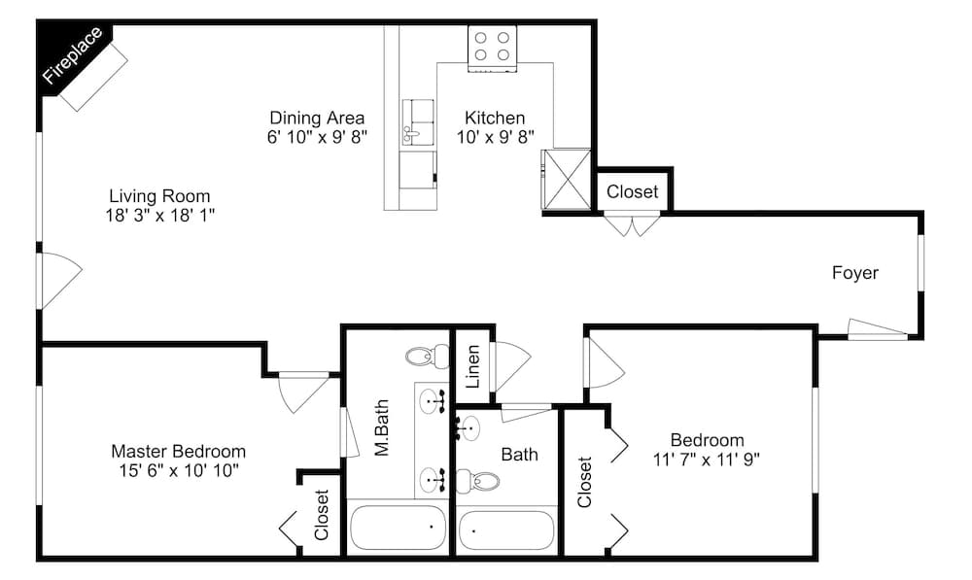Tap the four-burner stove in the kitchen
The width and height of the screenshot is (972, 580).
click(x=492, y=48)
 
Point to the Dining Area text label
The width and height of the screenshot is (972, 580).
click(x=317, y=119)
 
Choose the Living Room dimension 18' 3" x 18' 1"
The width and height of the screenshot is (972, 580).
click(x=159, y=215)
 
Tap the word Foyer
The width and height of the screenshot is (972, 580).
click(x=854, y=273)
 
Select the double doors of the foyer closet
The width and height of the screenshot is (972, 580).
click(x=632, y=225)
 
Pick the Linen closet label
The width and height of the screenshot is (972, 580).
click(x=473, y=366)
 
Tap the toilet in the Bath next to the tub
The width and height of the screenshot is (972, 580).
click(x=479, y=480)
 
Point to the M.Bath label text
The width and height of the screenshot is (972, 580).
click(x=382, y=428)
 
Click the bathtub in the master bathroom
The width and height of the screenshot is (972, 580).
click(x=397, y=529)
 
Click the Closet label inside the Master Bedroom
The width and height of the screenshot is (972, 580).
click(x=322, y=514)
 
